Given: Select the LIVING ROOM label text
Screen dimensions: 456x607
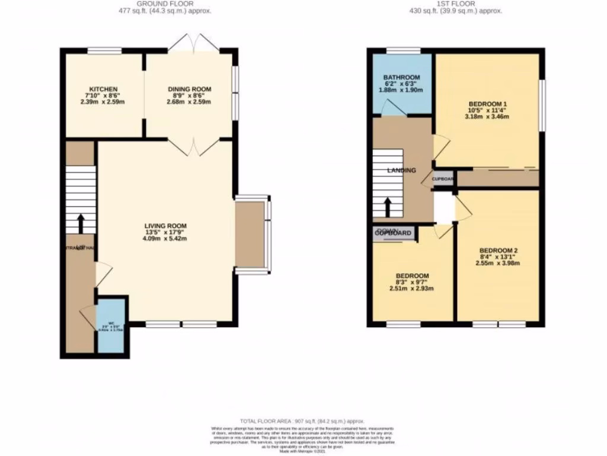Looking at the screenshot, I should tap(165, 226).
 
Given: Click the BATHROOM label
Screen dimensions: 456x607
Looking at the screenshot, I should tap(401, 78).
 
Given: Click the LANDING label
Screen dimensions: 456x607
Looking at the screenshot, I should tap(402, 170).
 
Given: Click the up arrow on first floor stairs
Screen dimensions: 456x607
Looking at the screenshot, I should tap(388, 207).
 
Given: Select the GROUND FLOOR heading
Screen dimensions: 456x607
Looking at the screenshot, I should tap(165, 4).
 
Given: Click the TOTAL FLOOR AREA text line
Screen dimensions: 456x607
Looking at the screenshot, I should tap(302, 420).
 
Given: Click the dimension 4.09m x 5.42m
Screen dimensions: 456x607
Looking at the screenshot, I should tap(165, 239).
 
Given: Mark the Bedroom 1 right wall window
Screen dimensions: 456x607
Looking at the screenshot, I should tap(541, 105).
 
